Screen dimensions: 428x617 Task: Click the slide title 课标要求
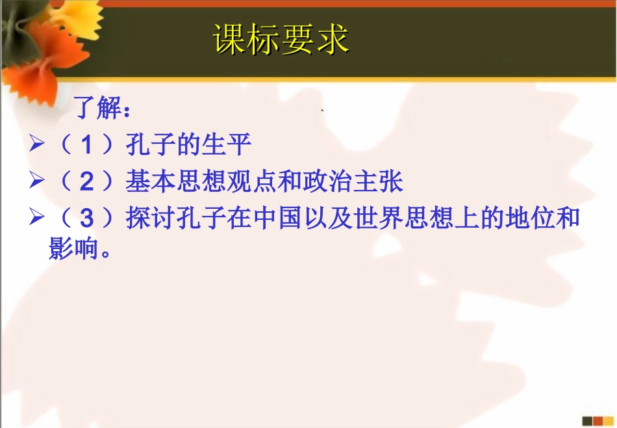point(281,40)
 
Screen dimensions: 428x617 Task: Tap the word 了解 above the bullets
point(98,108)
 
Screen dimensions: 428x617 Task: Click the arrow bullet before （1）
point(36,145)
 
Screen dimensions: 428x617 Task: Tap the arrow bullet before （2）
point(36,182)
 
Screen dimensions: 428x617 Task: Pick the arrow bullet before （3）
point(36,219)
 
